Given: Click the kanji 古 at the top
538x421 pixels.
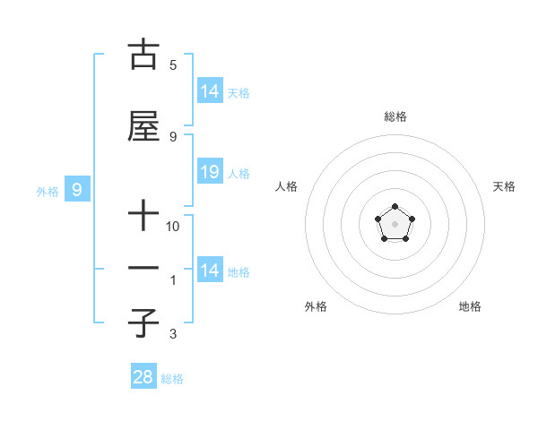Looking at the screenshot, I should pos(143,56).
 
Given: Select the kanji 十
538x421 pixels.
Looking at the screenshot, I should pos(143,218).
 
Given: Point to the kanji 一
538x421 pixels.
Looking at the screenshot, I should pos(143,268).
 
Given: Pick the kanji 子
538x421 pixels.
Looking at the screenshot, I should pos(143,322).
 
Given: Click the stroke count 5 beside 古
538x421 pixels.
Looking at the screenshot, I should pos(173,64).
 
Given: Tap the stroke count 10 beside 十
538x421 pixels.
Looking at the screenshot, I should pos(173,227).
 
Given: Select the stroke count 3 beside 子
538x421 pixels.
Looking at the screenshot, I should pos(173,334).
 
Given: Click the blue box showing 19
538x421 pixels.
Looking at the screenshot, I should pos(209,172).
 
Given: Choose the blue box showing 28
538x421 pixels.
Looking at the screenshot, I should pos(143,377).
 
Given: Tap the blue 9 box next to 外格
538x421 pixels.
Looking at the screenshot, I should pos(78,189).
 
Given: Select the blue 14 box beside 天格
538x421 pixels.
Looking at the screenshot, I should pos(209,90).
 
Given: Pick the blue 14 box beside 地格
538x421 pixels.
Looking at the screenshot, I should pos(209,271).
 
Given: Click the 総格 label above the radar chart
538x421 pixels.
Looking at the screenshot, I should pos(395,116).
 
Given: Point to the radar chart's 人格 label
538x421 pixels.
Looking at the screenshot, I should pos(287,186).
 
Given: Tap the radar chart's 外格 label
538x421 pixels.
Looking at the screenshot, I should pos(316,306).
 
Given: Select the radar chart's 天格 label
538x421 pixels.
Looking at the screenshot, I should pos(504,186).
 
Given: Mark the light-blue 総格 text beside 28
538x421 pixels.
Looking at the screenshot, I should pos(172,379).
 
